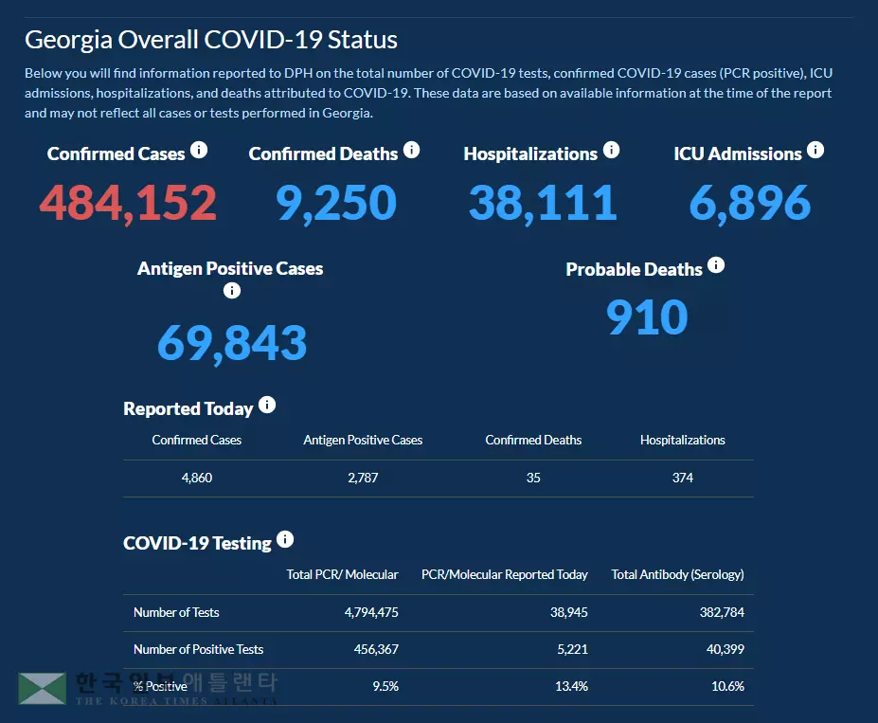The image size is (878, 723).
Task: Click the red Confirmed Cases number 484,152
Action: pos(128,204)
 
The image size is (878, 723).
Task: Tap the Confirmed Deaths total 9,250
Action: pos(336,204)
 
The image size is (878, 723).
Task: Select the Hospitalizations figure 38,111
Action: pos(542,204)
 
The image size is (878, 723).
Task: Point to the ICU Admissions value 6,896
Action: pos(749,204)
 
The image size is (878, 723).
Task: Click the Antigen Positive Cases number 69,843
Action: pos(232,343)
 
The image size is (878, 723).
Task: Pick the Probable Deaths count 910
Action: pos(647,318)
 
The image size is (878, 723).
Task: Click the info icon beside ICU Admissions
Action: pos(815,151)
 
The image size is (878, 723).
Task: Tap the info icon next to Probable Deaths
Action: pos(716,265)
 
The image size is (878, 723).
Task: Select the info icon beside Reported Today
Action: pos(267,406)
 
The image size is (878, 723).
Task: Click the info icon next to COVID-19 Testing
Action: pos(285,540)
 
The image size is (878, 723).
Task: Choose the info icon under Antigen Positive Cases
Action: pos(232,291)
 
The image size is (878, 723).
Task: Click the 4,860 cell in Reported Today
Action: pos(197,478)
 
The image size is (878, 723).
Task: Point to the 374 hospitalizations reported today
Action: pos(683,478)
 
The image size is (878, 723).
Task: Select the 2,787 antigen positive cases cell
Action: pos(363,478)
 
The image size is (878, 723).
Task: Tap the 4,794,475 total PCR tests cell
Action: pos(371,612)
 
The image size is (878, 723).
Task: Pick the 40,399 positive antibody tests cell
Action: pos(725,649)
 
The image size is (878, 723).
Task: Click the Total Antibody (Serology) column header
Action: pos(677,574)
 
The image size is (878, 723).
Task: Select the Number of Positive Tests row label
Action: pos(198,649)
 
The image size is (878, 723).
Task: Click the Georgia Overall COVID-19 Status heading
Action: pos(211,40)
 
